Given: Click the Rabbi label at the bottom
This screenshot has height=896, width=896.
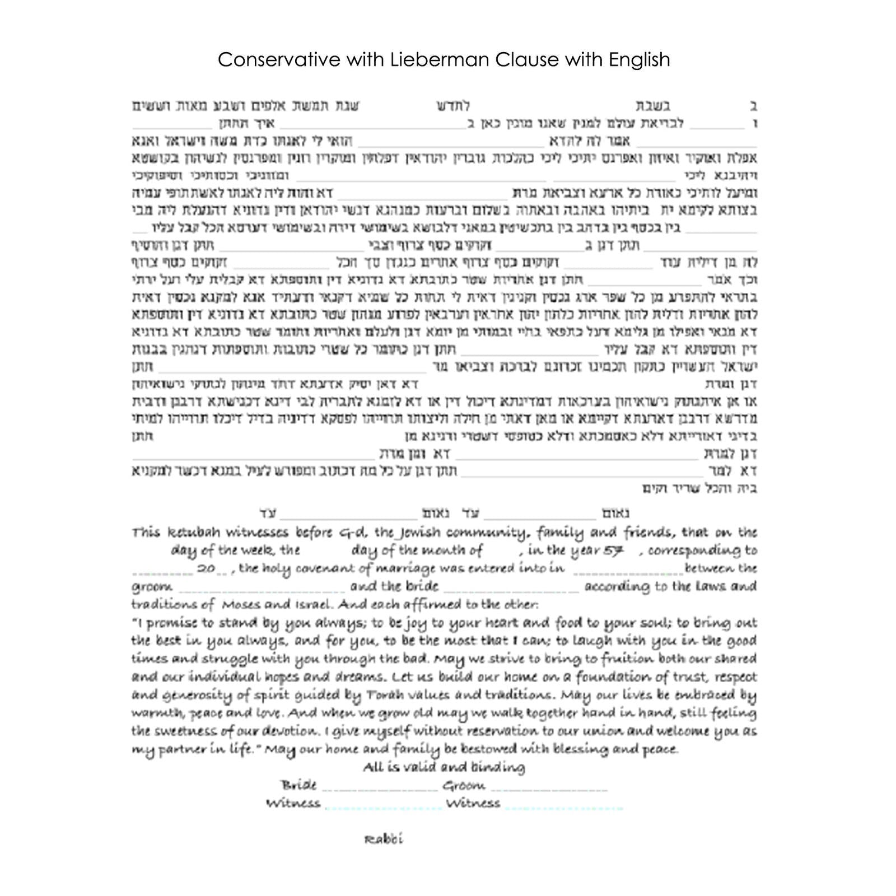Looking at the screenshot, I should pyautogui.click(x=384, y=839).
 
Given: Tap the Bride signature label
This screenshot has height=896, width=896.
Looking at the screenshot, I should pyautogui.click(x=299, y=785).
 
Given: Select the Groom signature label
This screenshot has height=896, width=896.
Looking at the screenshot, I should pyautogui.click(x=464, y=785).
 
